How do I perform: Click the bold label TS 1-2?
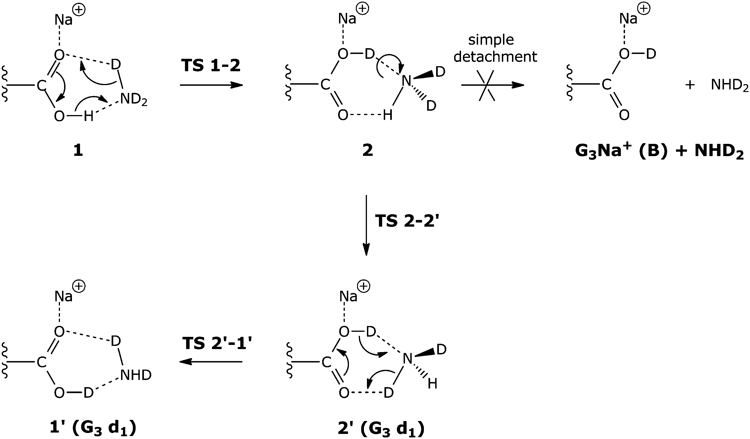pos(211,65)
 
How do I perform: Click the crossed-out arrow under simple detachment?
pos(493,85)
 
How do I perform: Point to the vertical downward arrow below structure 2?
pos(366,225)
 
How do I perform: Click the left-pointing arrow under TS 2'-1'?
pos(211,362)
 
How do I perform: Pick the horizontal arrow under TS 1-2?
pos(211,85)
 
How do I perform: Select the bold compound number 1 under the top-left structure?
pos(78,151)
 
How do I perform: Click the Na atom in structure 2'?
pos(348,297)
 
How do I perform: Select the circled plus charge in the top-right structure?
pos(643,9)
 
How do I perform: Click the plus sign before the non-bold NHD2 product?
pos(690,85)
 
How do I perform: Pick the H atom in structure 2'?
pos(432,384)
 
